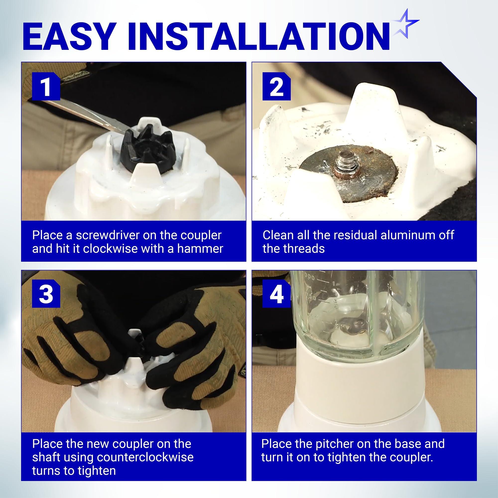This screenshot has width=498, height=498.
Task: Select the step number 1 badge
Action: point(46,86)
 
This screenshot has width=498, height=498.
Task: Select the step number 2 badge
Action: point(276,86)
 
